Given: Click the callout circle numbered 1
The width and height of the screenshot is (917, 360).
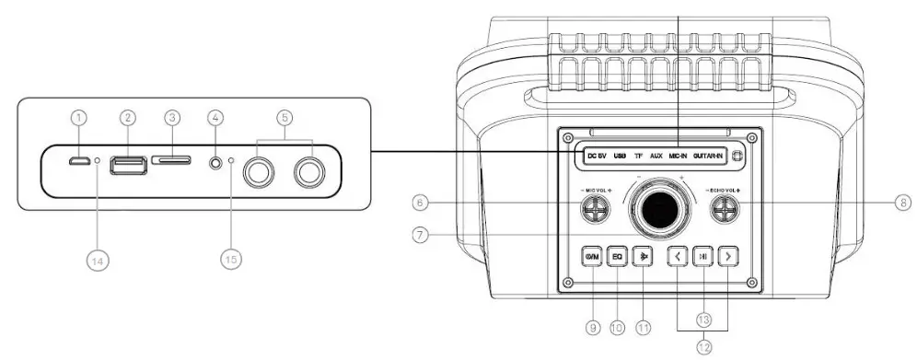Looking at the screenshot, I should pos(80,118).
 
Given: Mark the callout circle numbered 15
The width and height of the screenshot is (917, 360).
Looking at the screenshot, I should pos(231,261).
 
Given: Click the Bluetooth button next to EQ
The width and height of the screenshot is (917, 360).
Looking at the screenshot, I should pos(644,258).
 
